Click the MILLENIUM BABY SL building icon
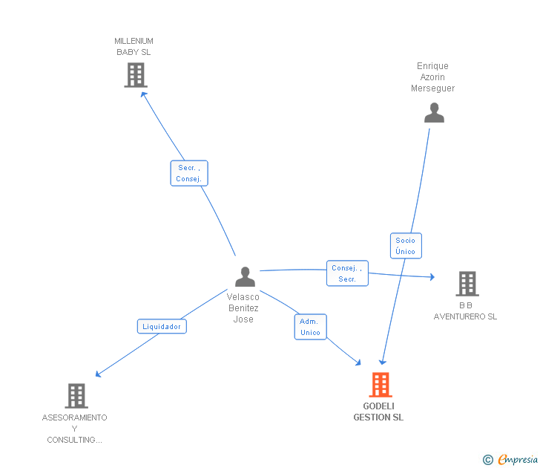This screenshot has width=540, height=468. [136, 75]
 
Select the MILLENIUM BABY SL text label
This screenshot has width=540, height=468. [134, 47]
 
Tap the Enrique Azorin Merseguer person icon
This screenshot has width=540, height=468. [434, 113]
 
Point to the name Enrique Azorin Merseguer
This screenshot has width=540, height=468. [432, 77]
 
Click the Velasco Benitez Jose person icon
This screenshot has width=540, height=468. [245, 277]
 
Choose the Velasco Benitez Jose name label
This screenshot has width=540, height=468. [243, 308]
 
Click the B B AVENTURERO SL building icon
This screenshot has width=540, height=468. [467, 284]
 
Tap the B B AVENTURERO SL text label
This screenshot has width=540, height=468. [466, 311]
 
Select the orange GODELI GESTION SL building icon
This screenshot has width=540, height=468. [380, 385]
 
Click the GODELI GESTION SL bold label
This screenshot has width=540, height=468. [378, 412]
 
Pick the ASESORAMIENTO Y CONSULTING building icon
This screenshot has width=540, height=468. [76, 396]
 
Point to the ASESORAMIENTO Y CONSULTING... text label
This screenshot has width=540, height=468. [74, 429]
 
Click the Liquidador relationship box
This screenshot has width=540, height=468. [162, 326]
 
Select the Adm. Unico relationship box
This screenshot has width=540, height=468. [310, 327]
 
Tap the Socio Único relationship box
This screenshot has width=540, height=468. [406, 246]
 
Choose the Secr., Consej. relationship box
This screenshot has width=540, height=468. [189, 173]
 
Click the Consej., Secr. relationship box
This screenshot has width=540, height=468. [347, 273]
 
